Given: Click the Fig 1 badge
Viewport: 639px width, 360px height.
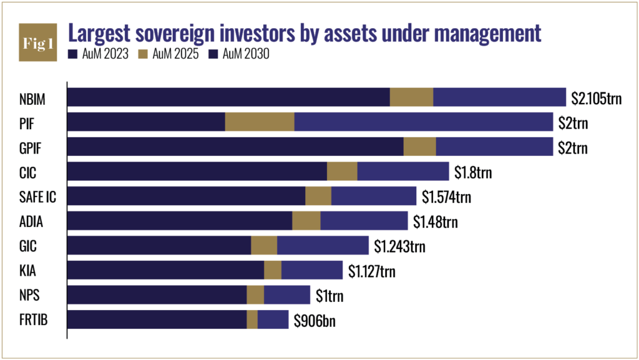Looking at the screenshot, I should [x=38, y=44].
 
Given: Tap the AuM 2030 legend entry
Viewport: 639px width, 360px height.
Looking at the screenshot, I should [x=241, y=54].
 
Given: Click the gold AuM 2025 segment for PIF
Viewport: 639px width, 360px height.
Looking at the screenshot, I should [x=259, y=122].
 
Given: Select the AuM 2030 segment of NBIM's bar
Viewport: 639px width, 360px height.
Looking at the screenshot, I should [x=499, y=97].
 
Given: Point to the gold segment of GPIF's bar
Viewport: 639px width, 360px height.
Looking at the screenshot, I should [x=419, y=147].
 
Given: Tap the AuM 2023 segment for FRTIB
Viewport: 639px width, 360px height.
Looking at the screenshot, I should [x=157, y=319].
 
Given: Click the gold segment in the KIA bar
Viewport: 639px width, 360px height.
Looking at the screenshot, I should [x=273, y=270].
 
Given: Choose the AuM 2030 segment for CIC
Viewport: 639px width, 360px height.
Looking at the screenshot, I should [x=402, y=172].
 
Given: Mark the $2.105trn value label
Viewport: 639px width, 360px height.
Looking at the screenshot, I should [x=597, y=98].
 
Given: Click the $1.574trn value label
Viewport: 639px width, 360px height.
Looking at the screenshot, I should [x=446, y=197].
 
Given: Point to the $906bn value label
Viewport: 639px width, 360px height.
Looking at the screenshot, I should [x=316, y=319].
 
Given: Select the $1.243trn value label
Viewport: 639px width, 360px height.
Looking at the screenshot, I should [x=399, y=246].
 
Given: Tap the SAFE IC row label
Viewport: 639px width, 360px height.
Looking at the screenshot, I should [x=39, y=197].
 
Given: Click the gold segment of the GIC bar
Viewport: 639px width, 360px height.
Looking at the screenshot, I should [x=264, y=245].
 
